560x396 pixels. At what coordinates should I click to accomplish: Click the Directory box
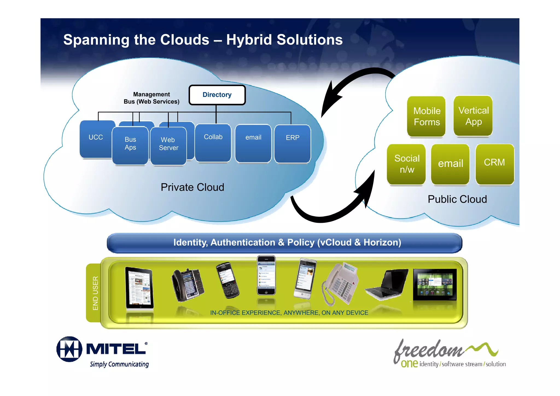217,95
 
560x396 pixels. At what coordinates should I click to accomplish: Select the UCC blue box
96,139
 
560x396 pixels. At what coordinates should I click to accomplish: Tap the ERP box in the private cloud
292,143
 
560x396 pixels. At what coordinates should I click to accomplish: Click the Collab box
213,142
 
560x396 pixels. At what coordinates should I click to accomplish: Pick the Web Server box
168,146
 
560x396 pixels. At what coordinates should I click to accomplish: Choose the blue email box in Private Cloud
253,143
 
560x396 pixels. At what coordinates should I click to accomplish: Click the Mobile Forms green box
426,116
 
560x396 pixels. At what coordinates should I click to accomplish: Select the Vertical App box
473,116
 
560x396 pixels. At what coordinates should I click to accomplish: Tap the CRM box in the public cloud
494,164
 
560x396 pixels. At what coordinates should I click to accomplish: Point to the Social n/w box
406,164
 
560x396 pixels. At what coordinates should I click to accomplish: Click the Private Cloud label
192,187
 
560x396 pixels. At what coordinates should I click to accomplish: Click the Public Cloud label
457,199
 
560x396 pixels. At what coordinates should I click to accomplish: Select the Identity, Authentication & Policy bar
284,243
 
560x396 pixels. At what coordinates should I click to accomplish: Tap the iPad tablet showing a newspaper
139,288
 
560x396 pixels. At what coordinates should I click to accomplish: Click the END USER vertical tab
95,293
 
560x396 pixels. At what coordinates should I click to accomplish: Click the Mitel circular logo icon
69,349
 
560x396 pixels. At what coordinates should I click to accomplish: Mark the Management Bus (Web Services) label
151,98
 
